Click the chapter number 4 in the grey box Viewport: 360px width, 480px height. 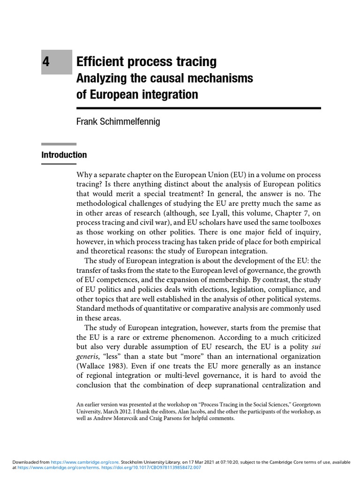click(x=45, y=62)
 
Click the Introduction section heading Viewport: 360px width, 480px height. click(x=64, y=155)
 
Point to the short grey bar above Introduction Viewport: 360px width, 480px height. click(x=59, y=144)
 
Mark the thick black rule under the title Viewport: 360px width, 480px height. click(x=198, y=108)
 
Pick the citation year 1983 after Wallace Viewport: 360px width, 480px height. click(x=115, y=366)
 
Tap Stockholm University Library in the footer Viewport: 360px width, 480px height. click(x=152, y=462)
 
